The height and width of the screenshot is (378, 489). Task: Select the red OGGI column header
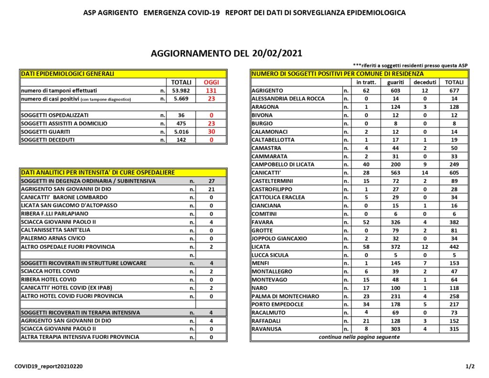coord(211,82)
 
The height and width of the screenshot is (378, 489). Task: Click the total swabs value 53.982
coord(181,91)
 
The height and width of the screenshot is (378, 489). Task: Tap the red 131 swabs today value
coord(211,91)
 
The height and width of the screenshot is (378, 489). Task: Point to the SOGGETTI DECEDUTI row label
coord(47,140)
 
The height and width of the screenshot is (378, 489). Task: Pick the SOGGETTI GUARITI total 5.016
coord(181,132)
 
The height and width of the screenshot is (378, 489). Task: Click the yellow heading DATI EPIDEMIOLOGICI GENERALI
coord(68,74)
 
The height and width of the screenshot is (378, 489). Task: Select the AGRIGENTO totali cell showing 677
coord(454,91)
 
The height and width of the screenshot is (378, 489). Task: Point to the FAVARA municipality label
coord(263,222)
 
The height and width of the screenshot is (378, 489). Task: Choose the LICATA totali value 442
coord(454,247)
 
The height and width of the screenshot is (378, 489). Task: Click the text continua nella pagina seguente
coord(359,337)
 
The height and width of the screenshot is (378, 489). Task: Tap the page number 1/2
coord(470,367)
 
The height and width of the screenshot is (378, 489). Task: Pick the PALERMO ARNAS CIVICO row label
coord(53,238)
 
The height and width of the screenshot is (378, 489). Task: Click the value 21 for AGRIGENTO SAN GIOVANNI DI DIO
coord(212,189)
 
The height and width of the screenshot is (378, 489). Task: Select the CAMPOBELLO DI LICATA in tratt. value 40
coord(366,164)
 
